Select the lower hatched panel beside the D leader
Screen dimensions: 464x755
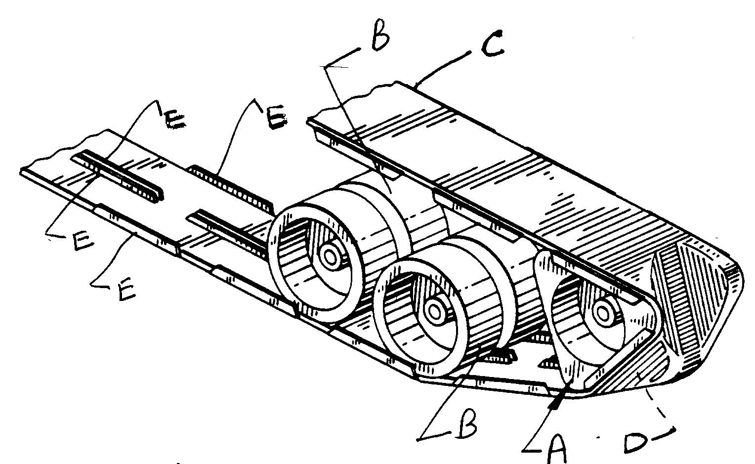637,366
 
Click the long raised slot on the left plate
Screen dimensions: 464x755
119,173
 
